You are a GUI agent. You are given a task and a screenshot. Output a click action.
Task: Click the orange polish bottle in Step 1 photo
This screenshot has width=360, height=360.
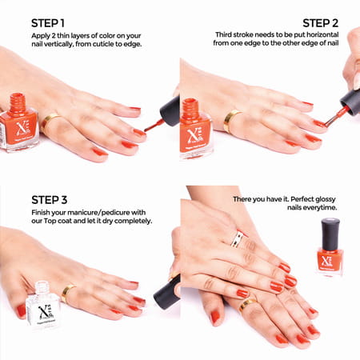(x=17, y=124)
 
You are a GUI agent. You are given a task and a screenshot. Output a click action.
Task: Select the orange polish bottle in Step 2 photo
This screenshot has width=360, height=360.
(x=194, y=128)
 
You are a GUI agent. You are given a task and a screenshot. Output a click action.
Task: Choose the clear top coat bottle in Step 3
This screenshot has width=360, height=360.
(x=42, y=305)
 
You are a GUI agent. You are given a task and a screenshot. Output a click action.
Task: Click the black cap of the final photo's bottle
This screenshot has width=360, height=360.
(x=330, y=232)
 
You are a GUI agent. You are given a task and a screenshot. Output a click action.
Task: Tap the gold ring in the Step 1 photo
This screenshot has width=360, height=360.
(x=49, y=121)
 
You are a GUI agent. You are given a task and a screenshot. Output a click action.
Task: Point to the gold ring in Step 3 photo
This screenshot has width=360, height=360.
(x=69, y=291)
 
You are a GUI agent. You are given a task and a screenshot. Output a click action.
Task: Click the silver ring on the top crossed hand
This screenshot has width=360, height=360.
(x=237, y=238)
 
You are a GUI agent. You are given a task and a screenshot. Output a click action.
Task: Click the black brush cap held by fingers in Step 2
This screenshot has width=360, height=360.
(x=349, y=100)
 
